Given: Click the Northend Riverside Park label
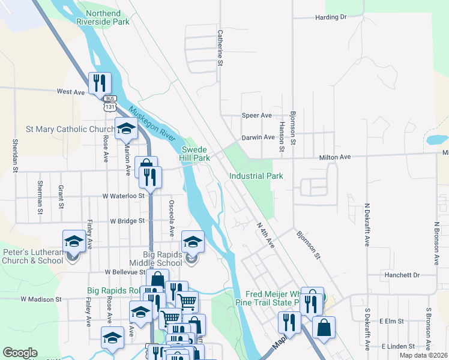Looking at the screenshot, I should tap(103, 17).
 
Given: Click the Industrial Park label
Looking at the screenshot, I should tap(256, 176).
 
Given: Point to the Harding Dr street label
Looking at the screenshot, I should tap(331, 17).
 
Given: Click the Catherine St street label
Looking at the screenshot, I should tap(220, 48).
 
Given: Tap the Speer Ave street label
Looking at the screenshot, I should tap(256, 115).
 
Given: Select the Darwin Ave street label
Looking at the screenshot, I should tap(258, 137).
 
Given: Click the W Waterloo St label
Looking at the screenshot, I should tap(124, 196).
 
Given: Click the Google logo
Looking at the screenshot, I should tap(20, 353).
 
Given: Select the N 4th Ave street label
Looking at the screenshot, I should tap(265, 235).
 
